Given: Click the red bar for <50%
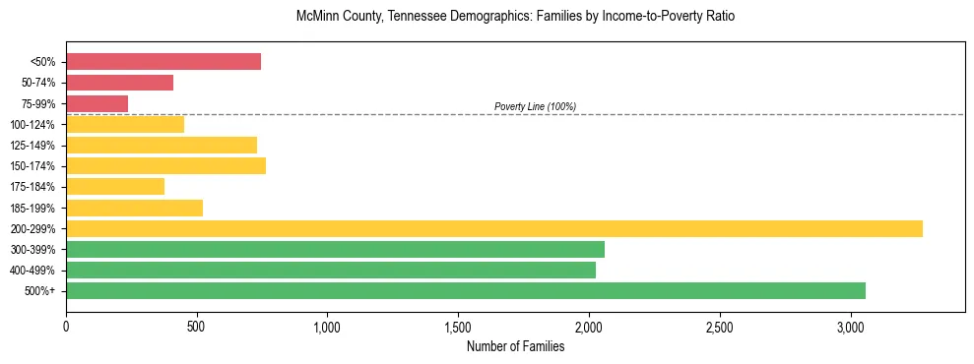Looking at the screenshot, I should pyautogui.click(x=163, y=62).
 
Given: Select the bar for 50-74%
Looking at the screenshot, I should pyautogui.click(x=119, y=83).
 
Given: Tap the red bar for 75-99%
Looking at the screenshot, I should pyautogui.click(x=97, y=103).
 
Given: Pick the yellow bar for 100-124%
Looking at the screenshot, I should pyautogui.click(x=125, y=124).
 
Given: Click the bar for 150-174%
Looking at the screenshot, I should pyautogui.click(x=165, y=166).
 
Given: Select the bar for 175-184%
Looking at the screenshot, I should pyautogui.click(x=115, y=187).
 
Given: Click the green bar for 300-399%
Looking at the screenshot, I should pyautogui.click(x=335, y=250).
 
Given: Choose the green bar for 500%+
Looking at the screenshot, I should pyautogui.click(x=466, y=291).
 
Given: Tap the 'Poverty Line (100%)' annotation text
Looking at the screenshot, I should pyautogui.click(x=535, y=106).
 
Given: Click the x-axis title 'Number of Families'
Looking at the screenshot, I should pyautogui.click(x=515, y=346).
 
